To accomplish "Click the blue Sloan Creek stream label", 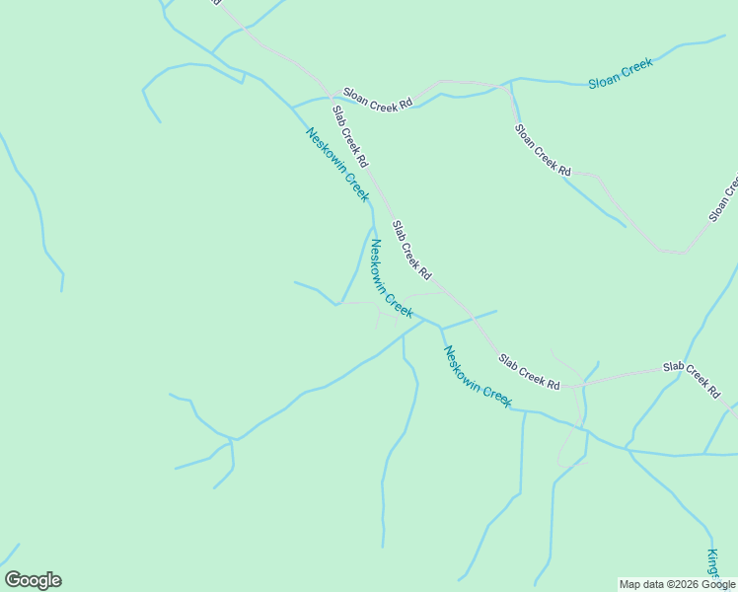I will tap(621, 75).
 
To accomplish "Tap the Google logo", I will tap(33, 580).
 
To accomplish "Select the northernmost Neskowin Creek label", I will tap(337, 165).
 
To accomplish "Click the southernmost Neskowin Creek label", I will tap(478, 376).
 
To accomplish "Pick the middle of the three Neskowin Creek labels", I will tap(390, 278).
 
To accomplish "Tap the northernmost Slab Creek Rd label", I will tap(350, 136).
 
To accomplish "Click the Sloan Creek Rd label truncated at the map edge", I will tap(723, 198).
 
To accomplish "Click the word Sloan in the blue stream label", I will tap(604, 80).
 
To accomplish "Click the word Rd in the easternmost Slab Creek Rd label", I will tap(712, 392).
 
